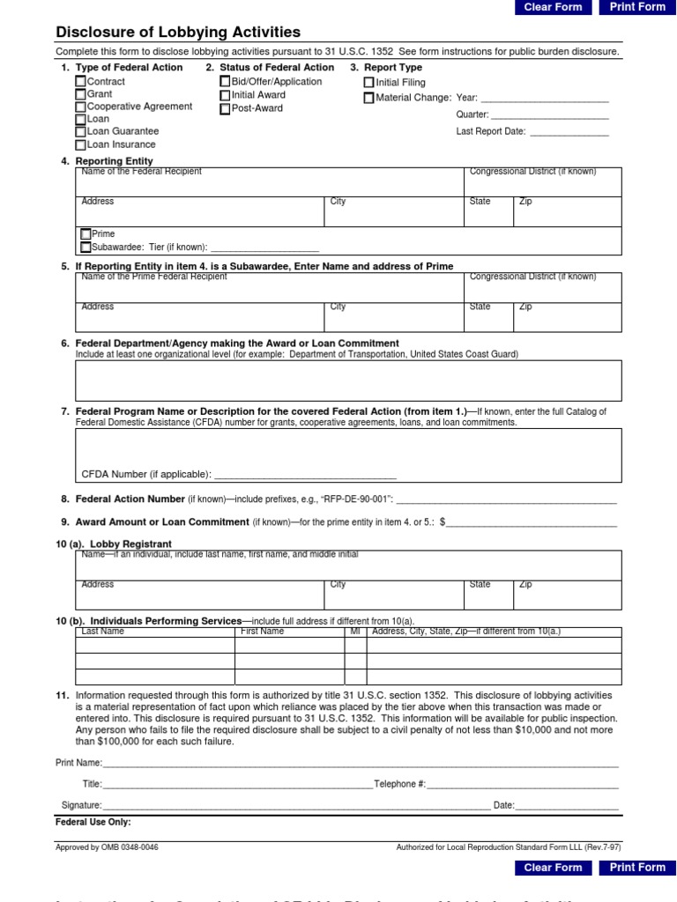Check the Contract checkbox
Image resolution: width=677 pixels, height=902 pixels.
click(81, 82)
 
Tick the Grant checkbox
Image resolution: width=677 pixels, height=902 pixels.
click(81, 94)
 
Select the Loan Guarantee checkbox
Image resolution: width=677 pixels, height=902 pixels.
click(81, 132)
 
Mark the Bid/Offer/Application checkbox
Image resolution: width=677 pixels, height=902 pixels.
click(226, 82)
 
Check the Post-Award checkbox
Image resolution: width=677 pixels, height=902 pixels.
click(226, 108)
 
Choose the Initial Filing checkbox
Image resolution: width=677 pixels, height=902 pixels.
click(369, 83)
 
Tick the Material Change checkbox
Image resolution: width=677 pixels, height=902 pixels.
click(369, 98)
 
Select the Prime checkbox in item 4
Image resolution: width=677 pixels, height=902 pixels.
click(86, 234)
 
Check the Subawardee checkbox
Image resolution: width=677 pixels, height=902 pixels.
click(86, 248)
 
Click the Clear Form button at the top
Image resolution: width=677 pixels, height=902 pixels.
click(553, 7)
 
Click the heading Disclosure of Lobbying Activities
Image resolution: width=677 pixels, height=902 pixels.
click(178, 33)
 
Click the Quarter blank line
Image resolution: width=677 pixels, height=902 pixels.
click(549, 115)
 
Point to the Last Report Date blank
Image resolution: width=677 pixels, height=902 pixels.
click(569, 132)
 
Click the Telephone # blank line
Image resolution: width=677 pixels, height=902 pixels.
click(523, 784)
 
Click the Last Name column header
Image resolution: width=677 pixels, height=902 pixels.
click(103, 632)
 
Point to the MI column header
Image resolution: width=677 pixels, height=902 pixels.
click(355, 632)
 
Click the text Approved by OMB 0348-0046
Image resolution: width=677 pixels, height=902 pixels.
click(108, 847)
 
